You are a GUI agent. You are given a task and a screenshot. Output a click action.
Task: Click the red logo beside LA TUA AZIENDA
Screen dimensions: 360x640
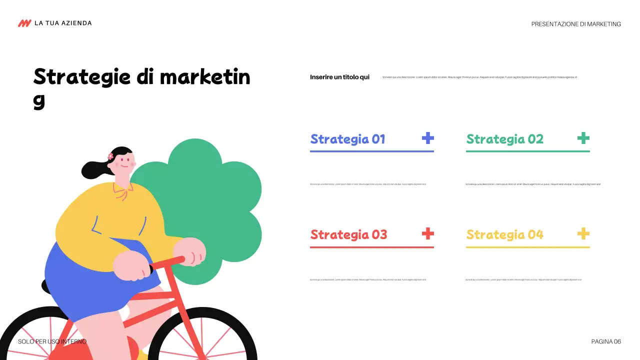(24, 23)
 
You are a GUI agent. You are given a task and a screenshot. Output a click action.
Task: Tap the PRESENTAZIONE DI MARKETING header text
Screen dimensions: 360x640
(576, 24)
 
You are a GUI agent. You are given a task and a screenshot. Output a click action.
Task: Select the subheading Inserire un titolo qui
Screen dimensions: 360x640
(339, 77)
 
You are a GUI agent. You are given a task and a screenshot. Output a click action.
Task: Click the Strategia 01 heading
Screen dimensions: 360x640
(347, 139)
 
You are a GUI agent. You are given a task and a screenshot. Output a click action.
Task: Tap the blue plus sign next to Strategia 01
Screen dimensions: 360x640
(427, 138)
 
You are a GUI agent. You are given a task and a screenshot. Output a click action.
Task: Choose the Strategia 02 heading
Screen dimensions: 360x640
(504, 139)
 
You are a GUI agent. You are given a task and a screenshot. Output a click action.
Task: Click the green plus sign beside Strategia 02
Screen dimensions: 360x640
(583, 138)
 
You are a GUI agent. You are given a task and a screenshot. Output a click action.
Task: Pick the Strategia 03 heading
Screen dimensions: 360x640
(348, 234)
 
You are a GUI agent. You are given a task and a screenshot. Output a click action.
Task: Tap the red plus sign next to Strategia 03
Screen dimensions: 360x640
(427, 233)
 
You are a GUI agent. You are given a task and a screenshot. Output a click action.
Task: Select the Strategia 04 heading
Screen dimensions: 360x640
(504, 234)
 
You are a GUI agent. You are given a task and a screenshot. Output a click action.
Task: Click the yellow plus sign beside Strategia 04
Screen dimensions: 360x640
(583, 233)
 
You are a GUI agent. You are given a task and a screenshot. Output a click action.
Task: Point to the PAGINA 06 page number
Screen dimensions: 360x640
(606, 341)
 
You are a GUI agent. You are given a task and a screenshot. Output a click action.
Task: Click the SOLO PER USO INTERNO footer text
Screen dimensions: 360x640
(52, 341)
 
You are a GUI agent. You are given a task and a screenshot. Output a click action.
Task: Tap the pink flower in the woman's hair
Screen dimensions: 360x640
(110, 156)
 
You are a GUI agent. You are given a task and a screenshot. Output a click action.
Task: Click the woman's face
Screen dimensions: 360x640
(123, 165)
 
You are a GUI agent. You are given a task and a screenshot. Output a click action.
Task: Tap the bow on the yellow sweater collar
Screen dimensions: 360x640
(121, 191)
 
